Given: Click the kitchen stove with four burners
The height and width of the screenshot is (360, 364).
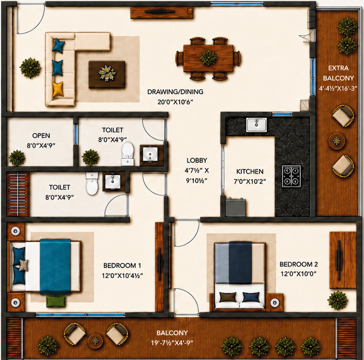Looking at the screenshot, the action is tap(291, 176).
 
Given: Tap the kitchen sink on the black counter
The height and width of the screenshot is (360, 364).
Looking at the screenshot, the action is tap(256, 125).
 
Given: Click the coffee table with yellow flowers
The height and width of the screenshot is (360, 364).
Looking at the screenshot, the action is tap(107, 74).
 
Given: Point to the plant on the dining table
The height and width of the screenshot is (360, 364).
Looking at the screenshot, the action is tap(208, 58).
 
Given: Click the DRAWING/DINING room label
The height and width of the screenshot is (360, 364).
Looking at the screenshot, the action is tap(175, 92).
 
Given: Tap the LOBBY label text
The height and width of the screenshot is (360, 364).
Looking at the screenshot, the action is tap(197, 161).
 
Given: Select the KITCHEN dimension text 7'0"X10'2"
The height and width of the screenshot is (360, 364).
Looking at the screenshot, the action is tap(250, 182).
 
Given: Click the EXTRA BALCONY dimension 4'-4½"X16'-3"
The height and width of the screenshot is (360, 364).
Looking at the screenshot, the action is tap(338, 88).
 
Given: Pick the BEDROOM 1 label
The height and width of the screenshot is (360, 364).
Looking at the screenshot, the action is tap(122, 266).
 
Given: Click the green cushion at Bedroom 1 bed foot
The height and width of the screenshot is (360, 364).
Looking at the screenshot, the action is tap(56, 301).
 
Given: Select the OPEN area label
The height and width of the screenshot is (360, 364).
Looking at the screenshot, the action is tap(41, 135).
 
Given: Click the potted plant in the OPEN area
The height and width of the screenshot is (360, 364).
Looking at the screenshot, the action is tap(17, 158).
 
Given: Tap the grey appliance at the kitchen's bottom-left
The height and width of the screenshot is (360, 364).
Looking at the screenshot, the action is tap(236, 207).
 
